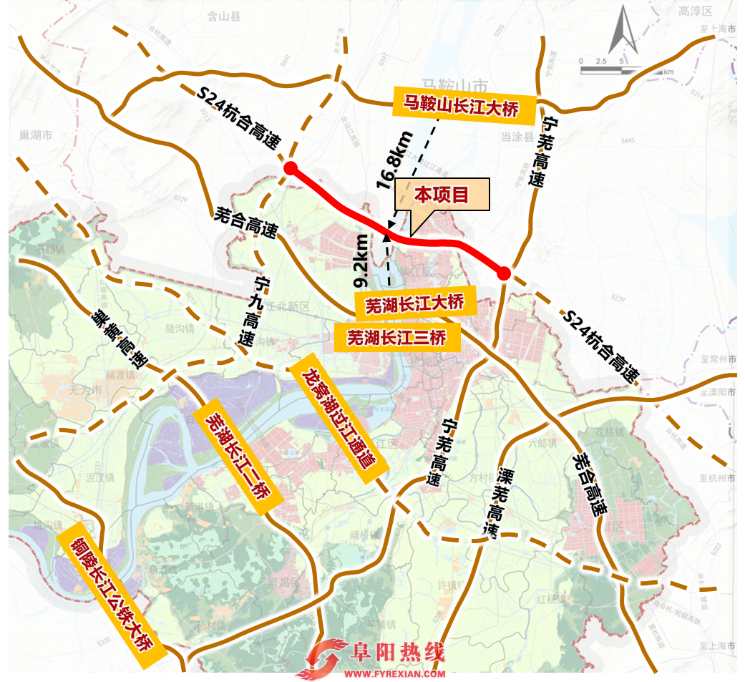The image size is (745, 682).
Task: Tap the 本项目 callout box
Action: pos(442,195)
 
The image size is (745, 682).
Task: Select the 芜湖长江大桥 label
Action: pos(415,304)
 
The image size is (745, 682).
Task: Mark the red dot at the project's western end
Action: pos(291,168)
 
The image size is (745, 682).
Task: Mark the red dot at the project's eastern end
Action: pos(504,273)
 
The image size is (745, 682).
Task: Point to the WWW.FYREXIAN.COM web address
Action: pos(396,674)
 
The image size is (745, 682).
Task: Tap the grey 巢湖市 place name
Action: pos(37,135)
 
